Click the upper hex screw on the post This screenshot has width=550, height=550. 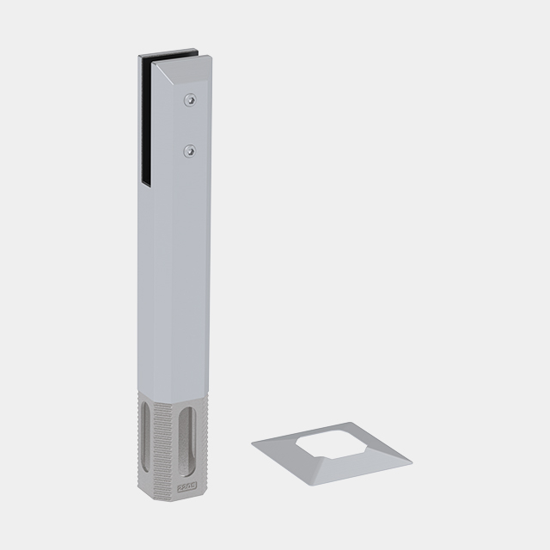188,102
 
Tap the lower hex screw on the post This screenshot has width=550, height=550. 188,151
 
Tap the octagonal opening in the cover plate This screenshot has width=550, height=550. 331,442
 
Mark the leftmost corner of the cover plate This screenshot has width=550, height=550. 253,443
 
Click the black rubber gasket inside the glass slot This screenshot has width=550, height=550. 144,120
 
